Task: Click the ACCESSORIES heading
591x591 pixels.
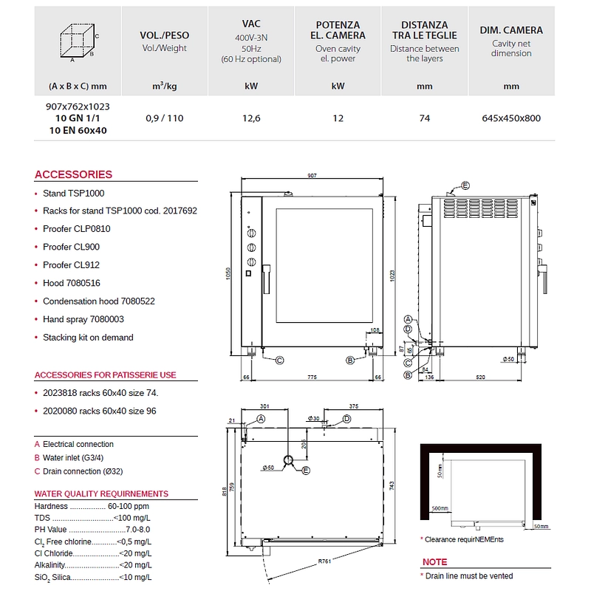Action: pos(73,174)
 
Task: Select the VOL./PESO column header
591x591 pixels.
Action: pos(164,35)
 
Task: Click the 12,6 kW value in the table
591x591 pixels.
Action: pos(251,118)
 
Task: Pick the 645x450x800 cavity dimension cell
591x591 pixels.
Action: pos(510,118)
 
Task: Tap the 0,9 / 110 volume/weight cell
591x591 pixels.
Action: pos(164,118)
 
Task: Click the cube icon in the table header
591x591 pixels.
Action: pos(78,41)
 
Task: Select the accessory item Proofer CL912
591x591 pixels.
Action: pos(71,264)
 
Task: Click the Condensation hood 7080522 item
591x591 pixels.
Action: pos(98,301)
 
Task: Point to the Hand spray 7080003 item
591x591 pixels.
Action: pos(83,319)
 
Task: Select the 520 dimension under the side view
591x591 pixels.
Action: pos(481,378)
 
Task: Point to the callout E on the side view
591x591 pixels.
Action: pos(465,185)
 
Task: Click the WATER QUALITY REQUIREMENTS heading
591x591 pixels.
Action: pos(101,493)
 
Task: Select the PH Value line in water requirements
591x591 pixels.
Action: pos(92,530)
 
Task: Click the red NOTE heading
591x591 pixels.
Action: pos(434,562)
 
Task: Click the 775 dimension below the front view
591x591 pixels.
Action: pos(311,378)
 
